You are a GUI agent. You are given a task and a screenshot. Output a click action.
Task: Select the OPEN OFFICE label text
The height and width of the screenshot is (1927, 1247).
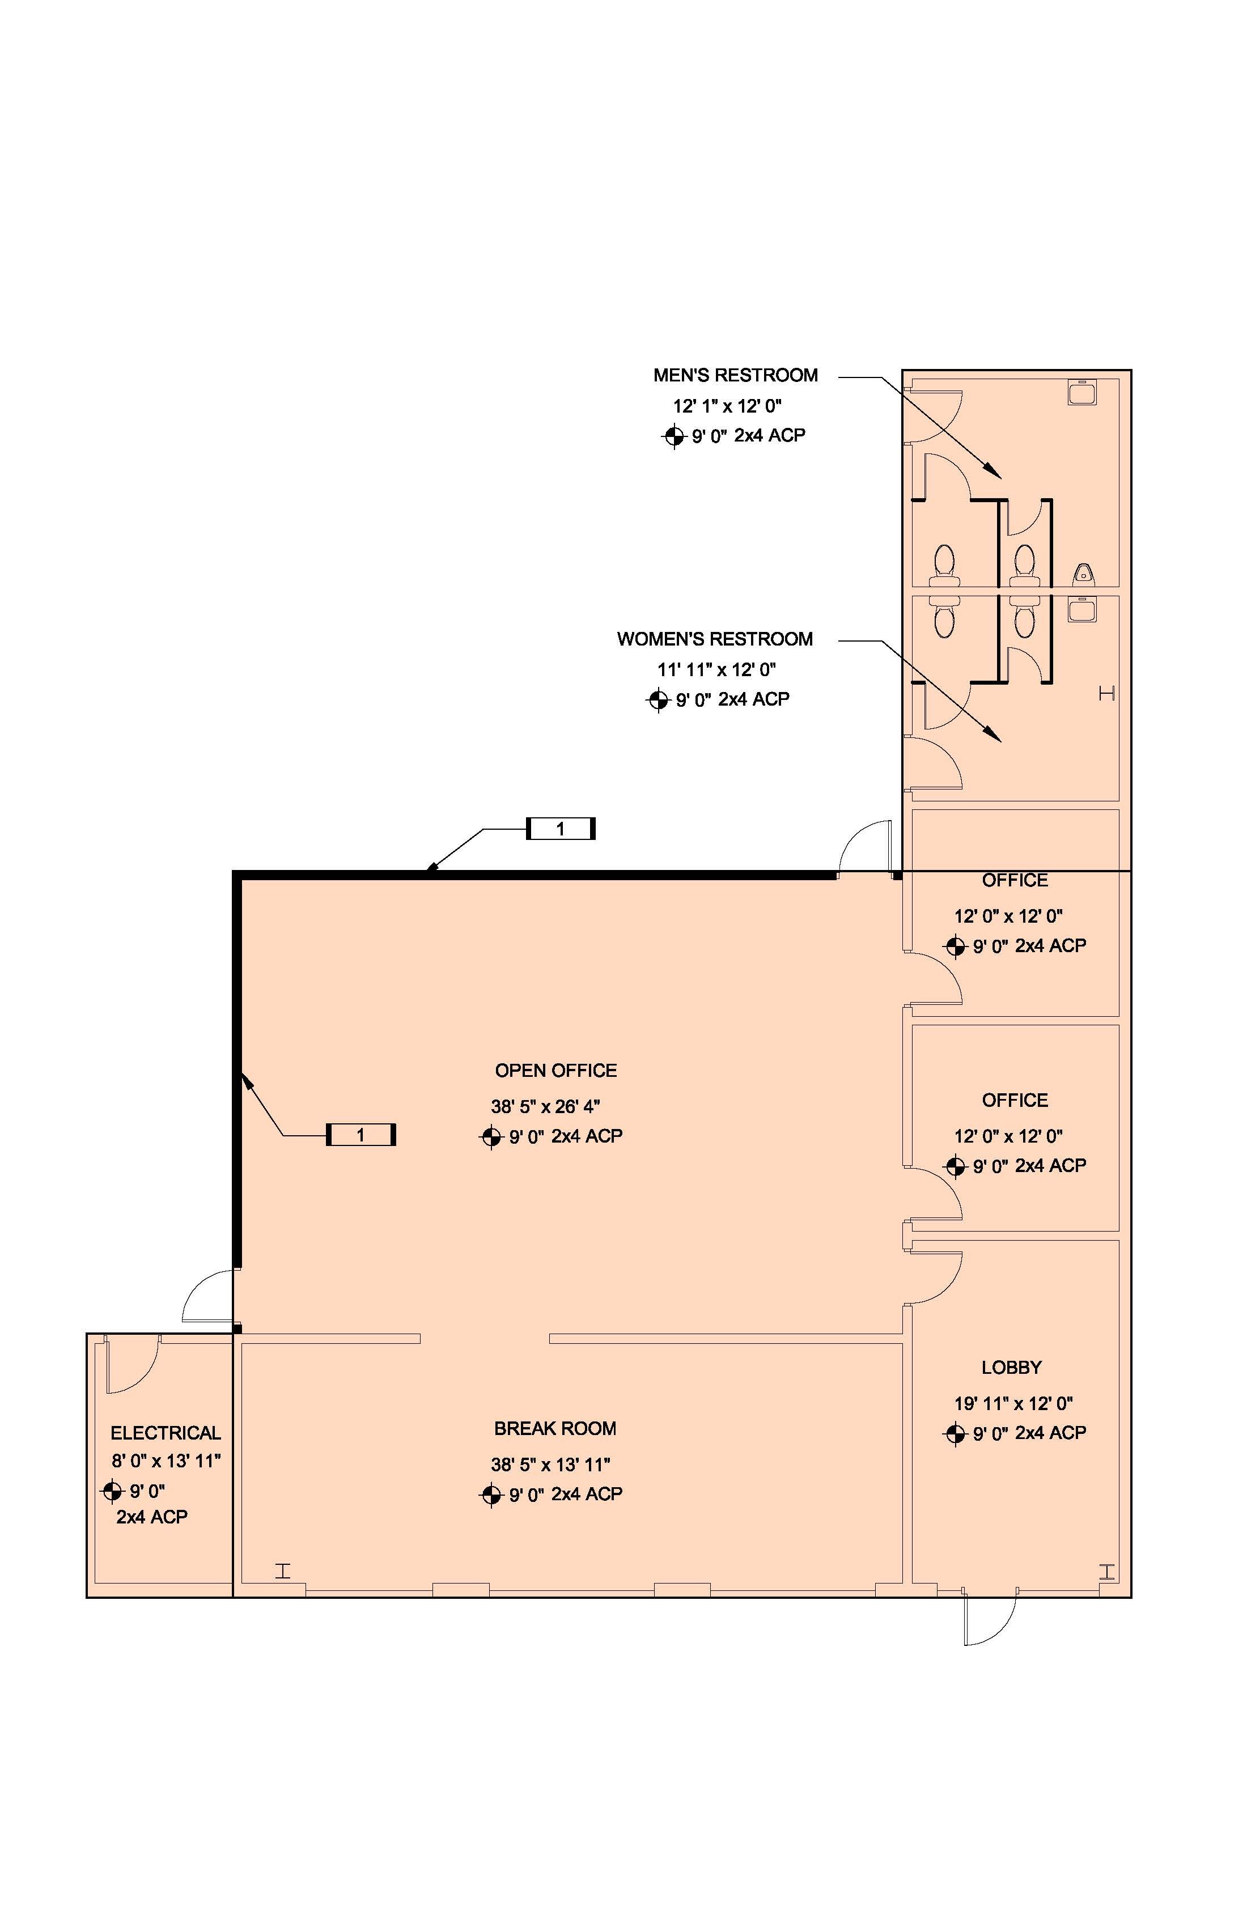555,1071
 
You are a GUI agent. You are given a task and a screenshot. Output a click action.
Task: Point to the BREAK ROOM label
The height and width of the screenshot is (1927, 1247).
555,1429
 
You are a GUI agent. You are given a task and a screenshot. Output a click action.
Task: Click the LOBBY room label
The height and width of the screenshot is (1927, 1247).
1011,1368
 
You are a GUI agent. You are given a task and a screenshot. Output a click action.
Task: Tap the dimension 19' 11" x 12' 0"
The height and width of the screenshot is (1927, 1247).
1013,1403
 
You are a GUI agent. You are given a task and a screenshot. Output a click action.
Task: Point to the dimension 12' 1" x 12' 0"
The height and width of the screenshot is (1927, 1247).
727,406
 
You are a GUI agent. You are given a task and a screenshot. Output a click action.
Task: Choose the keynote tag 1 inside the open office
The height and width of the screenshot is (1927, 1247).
360,1135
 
